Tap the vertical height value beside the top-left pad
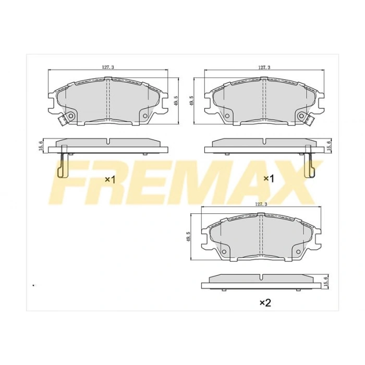click(x=177, y=100)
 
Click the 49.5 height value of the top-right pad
click(x=192, y=100)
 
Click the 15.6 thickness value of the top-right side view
click(x=328, y=145)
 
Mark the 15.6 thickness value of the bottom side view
click(x=325, y=282)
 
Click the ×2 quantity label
click(x=265, y=302)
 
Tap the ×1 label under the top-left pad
click(x=110, y=179)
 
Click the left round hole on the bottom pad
click(x=225, y=251)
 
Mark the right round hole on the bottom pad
click(x=298, y=251)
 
